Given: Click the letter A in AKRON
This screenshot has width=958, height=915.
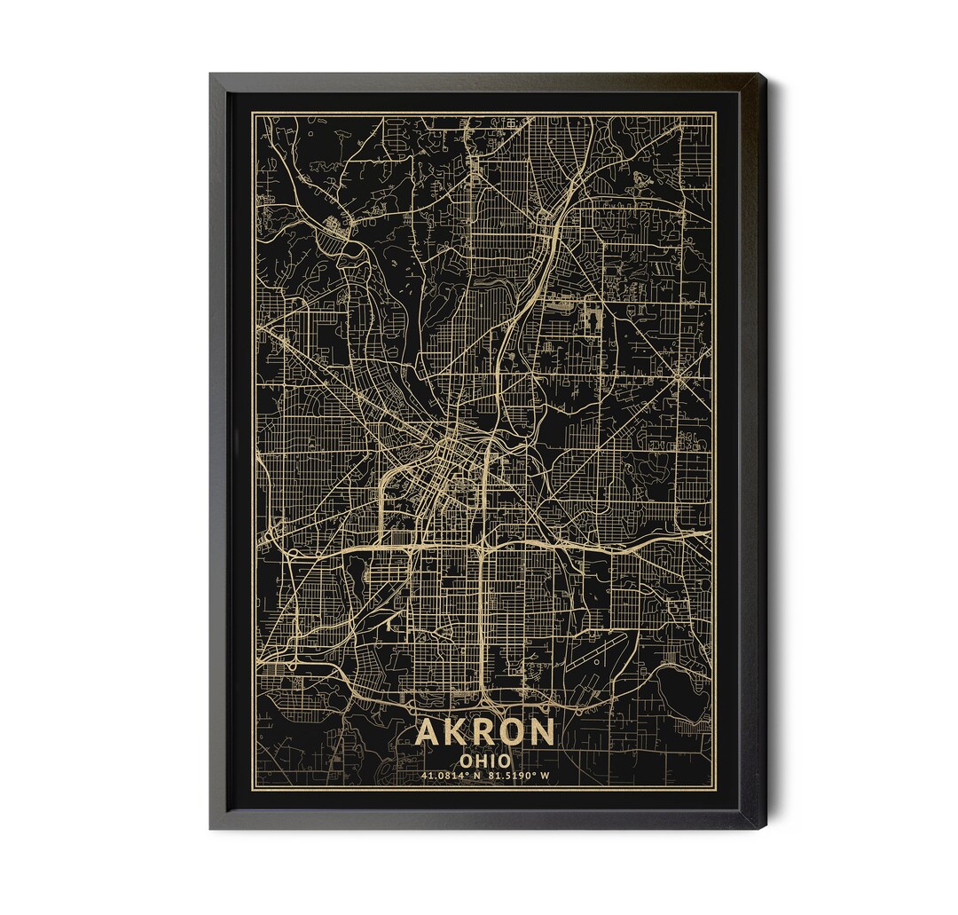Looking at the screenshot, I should [x=428, y=733].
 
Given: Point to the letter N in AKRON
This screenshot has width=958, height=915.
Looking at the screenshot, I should [x=541, y=733].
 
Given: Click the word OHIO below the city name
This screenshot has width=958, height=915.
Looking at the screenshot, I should [x=484, y=761].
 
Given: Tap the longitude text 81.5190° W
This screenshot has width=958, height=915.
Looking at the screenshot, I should [x=519, y=777].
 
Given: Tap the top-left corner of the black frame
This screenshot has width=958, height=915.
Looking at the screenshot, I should [x=211, y=75].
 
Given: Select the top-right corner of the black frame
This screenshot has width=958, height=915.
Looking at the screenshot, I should [x=765, y=75].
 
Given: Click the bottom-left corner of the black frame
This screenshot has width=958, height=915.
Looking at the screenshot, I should [x=211, y=827].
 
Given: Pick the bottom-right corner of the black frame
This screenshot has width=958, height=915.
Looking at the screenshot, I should [x=765, y=827].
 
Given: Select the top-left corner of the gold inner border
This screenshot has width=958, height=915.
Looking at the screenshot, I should [x=252, y=113].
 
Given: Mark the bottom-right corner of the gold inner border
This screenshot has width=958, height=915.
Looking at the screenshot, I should [x=717, y=789].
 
